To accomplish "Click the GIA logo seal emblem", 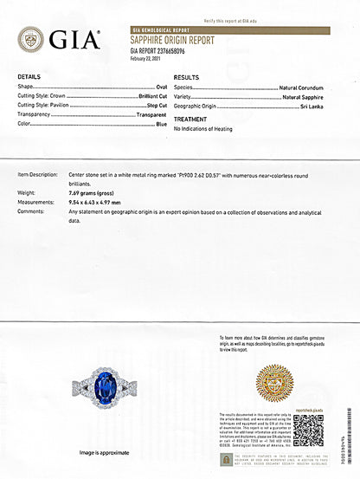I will coord(30,39).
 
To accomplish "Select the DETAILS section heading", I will coord(29,77).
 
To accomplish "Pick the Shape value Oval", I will coord(162,87).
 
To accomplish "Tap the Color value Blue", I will coord(162,124).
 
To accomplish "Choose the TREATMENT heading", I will coord(190,119).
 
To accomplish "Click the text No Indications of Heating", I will coord(203,128).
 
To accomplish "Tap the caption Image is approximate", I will coord(105,452).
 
